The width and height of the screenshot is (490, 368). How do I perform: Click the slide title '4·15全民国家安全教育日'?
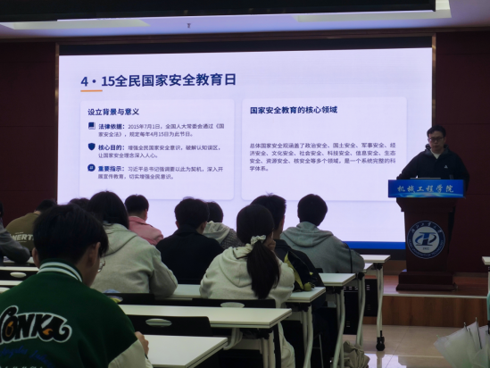(x=158, y=79)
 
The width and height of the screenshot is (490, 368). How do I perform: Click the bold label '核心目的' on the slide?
(x=112, y=146)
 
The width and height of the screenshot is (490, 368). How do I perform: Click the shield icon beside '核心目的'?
(x=91, y=146)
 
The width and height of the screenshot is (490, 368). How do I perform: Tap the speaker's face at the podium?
(x=436, y=139)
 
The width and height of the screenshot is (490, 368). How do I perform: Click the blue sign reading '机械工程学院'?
(x=426, y=188)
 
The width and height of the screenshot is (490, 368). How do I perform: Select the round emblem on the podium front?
(x=425, y=240)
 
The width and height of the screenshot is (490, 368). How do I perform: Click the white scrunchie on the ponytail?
(x=259, y=239)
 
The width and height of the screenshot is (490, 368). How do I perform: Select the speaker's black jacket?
(x=435, y=165)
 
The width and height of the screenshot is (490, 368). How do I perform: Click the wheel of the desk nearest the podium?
(x=380, y=342)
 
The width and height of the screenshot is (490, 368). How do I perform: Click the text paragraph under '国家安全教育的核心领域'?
(x=321, y=155)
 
